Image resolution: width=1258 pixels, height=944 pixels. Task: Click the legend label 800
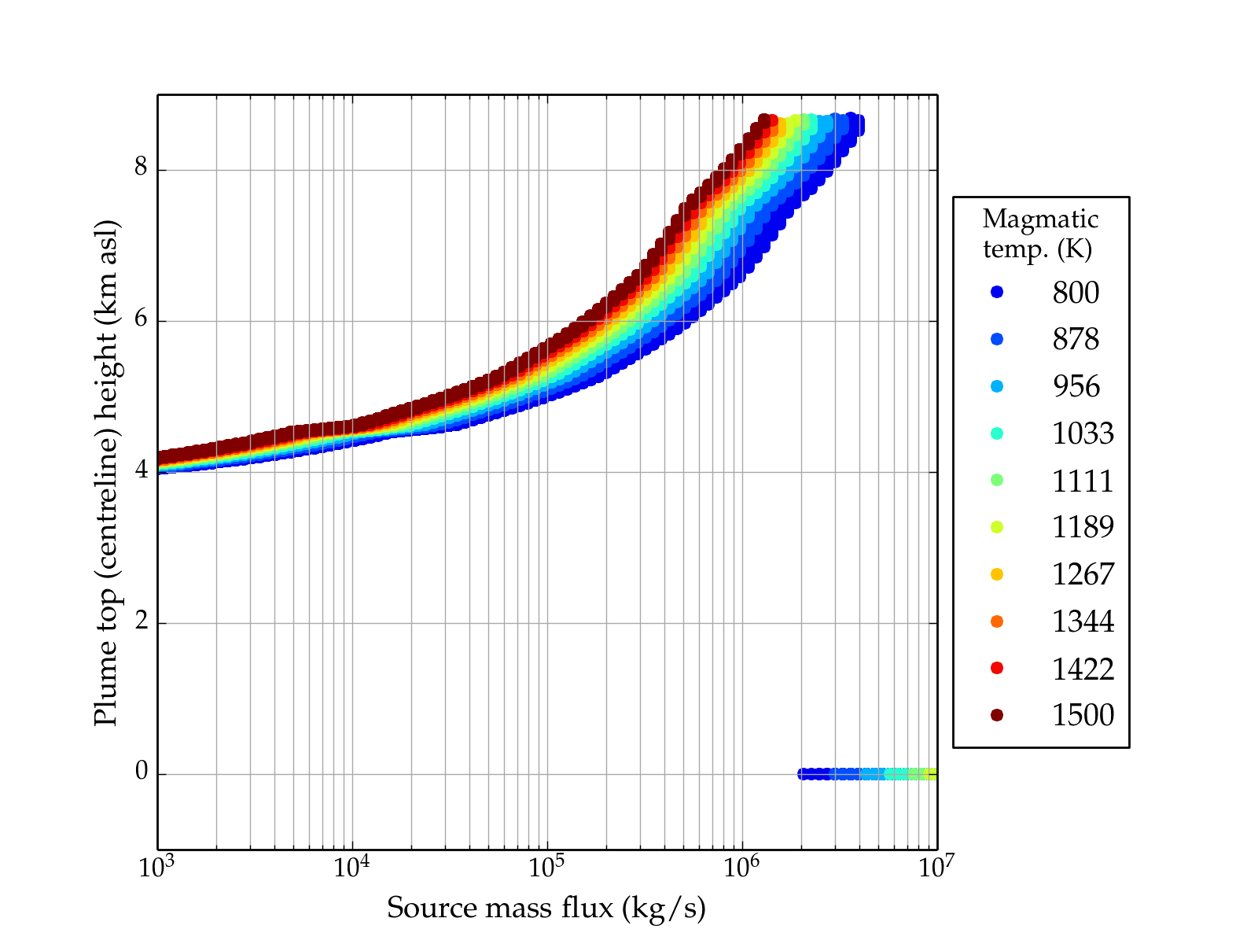point(1076,293)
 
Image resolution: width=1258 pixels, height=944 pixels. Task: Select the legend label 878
point(1076,339)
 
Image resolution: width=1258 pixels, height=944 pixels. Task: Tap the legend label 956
point(1076,386)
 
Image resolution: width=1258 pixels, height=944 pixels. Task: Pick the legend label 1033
point(1083,433)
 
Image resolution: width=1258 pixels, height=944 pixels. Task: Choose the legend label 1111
point(1083,481)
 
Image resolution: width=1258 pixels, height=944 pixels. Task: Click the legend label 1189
point(1083,527)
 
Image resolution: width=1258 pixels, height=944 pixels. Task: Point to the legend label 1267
point(1083,574)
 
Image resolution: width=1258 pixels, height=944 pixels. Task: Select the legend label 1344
point(1083,621)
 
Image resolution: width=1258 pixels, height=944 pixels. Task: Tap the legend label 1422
point(1083,669)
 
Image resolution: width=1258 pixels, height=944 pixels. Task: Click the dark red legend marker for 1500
point(997,715)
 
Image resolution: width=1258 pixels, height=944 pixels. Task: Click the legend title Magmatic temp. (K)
point(1040,234)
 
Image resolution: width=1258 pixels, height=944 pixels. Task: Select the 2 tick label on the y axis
point(141,621)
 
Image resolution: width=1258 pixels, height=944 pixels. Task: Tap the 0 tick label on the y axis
point(141,773)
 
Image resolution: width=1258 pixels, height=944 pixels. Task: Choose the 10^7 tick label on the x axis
point(936,868)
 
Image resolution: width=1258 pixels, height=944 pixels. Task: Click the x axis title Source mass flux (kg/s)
point(546,908)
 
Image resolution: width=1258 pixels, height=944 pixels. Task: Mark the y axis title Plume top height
point(105,472)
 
